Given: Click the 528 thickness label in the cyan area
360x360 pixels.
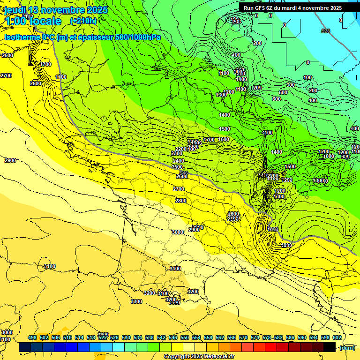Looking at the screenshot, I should point(326,31).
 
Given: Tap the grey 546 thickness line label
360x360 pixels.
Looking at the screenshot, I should point(184,173).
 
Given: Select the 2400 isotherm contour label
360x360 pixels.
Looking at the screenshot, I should point(179,161).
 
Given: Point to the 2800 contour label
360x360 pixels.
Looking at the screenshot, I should point(180,201).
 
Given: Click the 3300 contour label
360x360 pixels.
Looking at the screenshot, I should point(136,301).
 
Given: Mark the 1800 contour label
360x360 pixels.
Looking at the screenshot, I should point(287,245).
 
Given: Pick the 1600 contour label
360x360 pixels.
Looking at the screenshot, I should point(224,139).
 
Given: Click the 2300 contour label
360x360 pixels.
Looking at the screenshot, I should point(177,153).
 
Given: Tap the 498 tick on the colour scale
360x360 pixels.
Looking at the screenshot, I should point(32,337).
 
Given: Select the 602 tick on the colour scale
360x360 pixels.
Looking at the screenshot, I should point(337,337).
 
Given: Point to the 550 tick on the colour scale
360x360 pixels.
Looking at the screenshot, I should point(185,337).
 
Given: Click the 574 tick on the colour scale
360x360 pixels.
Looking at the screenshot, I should point(255,337).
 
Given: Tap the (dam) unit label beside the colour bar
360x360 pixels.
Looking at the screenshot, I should point(347,347).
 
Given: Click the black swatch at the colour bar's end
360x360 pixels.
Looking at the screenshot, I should point(330,347).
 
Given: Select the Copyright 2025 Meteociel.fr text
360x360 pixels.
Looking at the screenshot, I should point(199,356).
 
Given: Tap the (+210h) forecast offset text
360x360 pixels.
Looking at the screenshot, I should point(83,21).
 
